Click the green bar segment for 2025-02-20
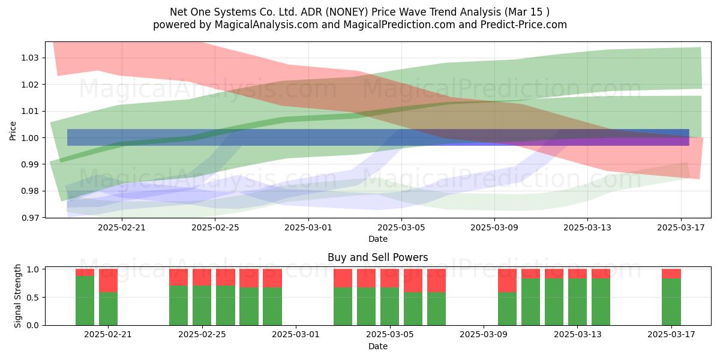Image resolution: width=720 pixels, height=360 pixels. click(85, 301)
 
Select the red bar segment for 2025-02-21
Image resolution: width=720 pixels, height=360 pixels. click(109, 281)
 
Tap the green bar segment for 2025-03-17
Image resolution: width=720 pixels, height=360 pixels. click(671, 302)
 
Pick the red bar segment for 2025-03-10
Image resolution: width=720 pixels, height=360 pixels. click(507, 281)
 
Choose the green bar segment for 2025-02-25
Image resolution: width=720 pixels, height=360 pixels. click(202, 305)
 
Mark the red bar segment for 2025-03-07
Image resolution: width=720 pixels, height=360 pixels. click(437, 281)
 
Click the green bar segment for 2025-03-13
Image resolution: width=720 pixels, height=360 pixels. click(577, 302)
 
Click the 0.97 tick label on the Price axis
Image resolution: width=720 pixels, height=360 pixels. click(30, 218)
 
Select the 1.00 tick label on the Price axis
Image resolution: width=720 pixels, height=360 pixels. click(30, 138)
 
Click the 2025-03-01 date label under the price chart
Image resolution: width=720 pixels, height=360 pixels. click(308, 227)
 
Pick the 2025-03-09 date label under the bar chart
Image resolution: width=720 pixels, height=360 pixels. click(484, 335)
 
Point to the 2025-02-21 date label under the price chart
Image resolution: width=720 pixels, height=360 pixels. click(121, 227)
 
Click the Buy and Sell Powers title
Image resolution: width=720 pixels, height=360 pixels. click(377, 257)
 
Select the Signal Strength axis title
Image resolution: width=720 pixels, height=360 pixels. click(17, 296)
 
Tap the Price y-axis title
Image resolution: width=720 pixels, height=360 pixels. click(13, 131)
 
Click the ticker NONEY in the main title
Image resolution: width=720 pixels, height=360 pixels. click(347, 12)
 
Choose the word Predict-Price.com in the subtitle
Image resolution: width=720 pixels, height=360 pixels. click(524, 25)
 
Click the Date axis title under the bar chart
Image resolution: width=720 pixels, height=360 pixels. click(377, 346)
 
